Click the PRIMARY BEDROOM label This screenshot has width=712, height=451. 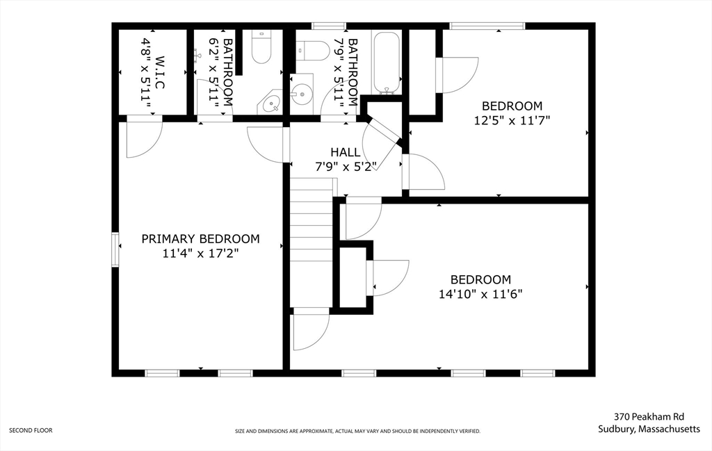tap(200, 239)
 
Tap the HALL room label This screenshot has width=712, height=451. tap(346, 152)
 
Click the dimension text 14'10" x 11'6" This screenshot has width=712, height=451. tap(480, 294)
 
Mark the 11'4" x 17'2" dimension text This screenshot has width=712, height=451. tap(200, 254)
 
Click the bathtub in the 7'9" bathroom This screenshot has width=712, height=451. tap(386, 63)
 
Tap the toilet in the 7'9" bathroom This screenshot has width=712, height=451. tap(312, 50)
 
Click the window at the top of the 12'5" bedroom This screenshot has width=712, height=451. tap(487, 26)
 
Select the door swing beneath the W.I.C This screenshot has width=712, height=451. tap(145, 138)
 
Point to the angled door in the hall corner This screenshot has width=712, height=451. tap(382, 133)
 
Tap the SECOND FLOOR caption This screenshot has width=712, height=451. tap(31, 430)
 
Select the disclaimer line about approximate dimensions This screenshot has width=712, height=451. tap(357, 432)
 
